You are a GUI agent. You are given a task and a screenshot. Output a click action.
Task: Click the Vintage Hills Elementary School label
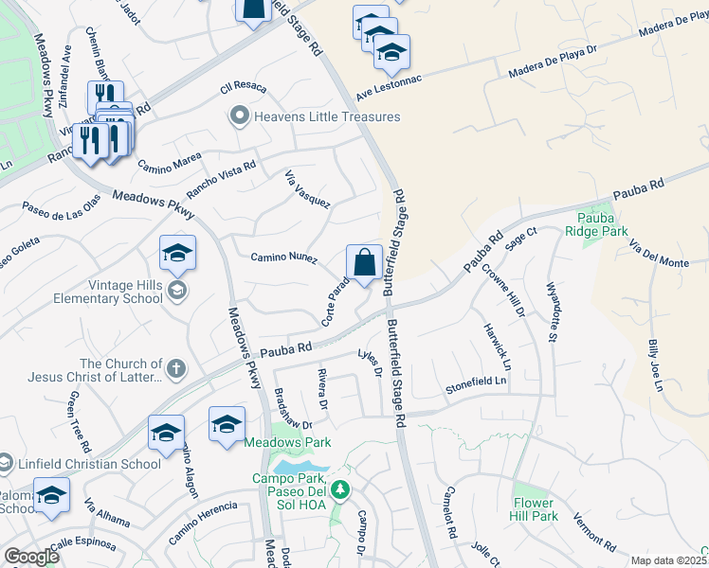coord(98,292)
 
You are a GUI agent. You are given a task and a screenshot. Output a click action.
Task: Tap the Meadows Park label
coord(287,442)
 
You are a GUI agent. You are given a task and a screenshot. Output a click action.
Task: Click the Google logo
coord(31,557)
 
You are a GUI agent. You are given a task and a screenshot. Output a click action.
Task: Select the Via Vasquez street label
coord(307,189)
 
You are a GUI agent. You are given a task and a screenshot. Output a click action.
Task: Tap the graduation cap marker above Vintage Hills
coord(177,254)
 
